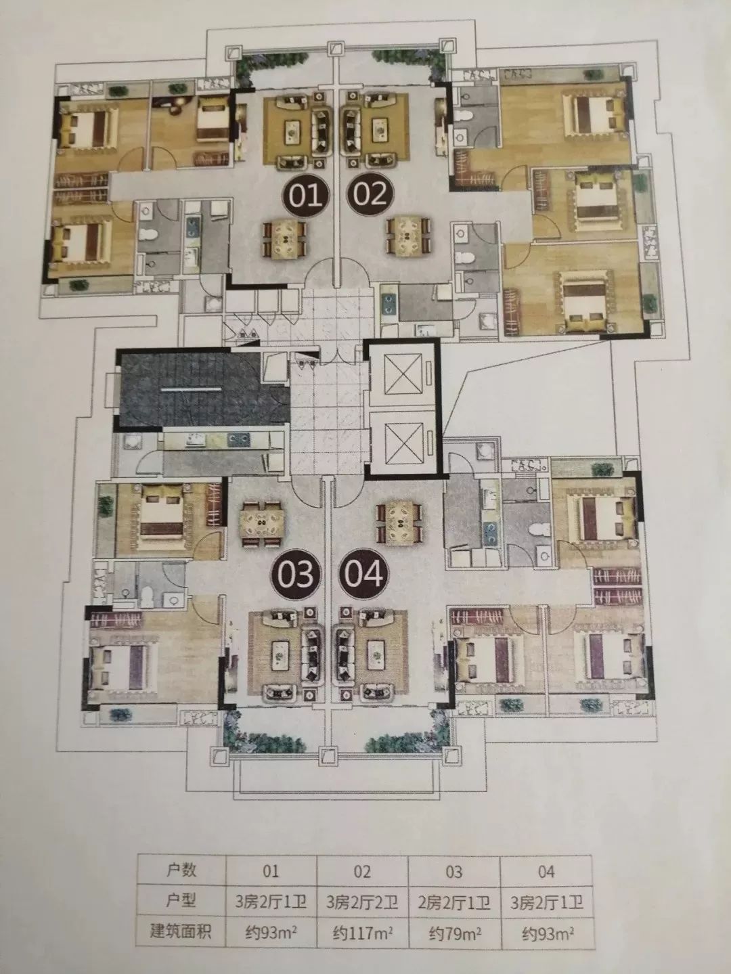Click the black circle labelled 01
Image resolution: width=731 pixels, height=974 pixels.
click(x=307, y=195)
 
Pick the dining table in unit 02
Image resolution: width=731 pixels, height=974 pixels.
click(x=408, y=235)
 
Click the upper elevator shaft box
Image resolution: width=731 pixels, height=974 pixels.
click(x=403, y=374)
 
